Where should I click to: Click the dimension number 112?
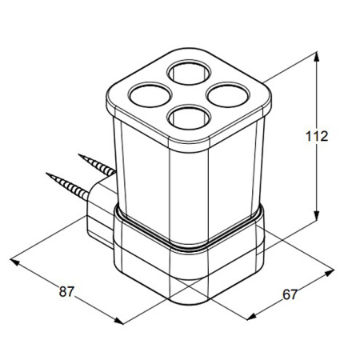pyautogui.click(x=317, y=136)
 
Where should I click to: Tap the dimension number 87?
pyautogui.click(x=66, y=291)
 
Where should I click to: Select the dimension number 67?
pyautogui.click(x=290, y=294)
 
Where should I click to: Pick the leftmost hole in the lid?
pyautogui.click(x=150, y=95)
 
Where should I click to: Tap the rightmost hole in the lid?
pyautogui.click(x=228, y=95)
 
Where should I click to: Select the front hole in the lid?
pyautogui.click(x=189, y=117)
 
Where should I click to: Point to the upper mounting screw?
pyautogui.click(x=98, y=165)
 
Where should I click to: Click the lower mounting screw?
pyautogui.click(x=67, y=186)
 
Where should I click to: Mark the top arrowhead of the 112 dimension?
pyautogui.click(x=316, y=57)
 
